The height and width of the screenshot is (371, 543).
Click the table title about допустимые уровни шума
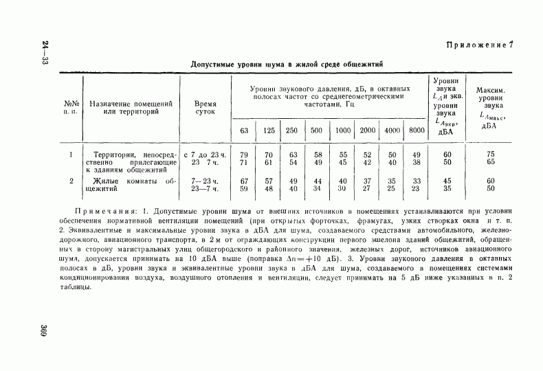pyautogui.click(x=287, y=63)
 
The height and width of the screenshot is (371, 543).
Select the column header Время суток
pyautogui.click(x=205, y=106)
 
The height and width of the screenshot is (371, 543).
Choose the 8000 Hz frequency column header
pyautogui.click(x=416, y=131)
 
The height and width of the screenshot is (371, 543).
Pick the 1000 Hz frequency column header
pyautogui.click(x=342, y=131)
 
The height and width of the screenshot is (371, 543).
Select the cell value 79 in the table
pyautogui.click(x=244, y=155)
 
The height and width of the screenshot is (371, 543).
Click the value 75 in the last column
pyautogui.click(x=491, y=155)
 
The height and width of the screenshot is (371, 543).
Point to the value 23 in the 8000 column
pyautogui.click(x=416, y=188)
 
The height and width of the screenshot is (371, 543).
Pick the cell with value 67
pyautogui.click(x=244, y=181)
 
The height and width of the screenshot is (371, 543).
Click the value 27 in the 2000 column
pyautogui.click(x=367, y=188)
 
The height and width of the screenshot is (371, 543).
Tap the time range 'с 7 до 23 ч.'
pyautogui.click(x=205, y=155)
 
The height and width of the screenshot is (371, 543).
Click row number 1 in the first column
pyautogui.click(x=71, y=155)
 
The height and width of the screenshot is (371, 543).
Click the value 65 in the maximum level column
pyautogui.click(x=491, y=162)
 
